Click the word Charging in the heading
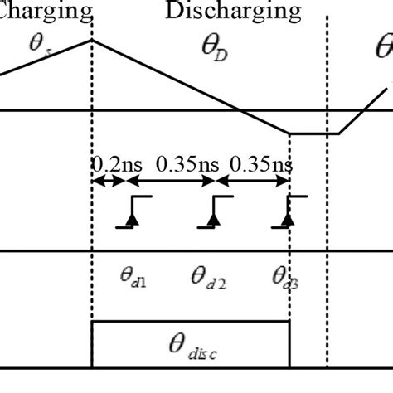pyautogui.click(x=46, y=11)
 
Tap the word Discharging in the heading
pyautogui.click(x=232, y=11)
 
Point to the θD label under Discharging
pyautogui.click(x=214, y=51)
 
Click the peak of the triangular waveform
pyautogui.click(x=91, y=39)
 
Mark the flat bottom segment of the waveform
pyautogui.click(x=313, y=133)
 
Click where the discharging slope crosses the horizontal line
pyautogui.click(x=239, y=110)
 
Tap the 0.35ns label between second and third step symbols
pyautogui.click(x=260, y=164)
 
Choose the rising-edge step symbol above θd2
pyautogui.click(x=215, y=213)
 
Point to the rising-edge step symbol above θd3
pyautogui.click(x=289, y=213)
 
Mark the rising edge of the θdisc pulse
pyautogui.click(x=92, y=344)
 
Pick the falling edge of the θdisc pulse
pyautogui.click(x=289, y=344)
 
